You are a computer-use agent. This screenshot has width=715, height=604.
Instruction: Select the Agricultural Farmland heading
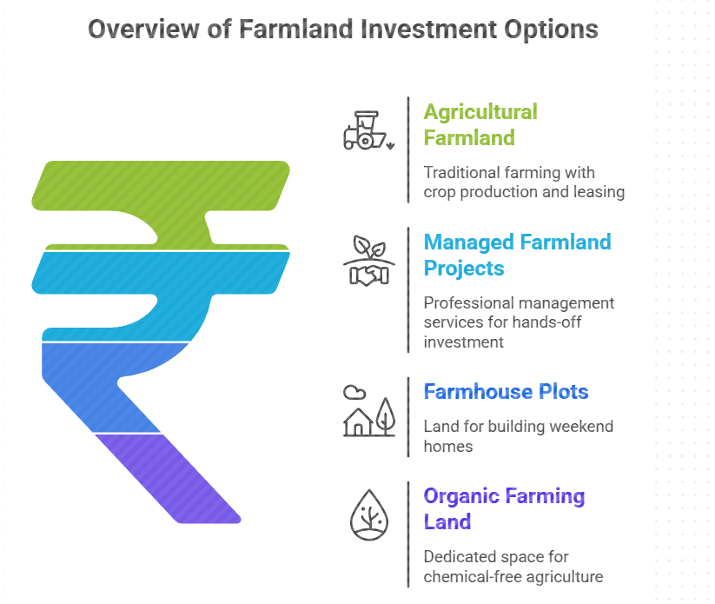tap(480, 124)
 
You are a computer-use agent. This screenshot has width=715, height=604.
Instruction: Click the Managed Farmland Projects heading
tap(517, 254)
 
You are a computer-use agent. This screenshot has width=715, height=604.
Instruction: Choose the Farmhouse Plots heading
tap(506, 391)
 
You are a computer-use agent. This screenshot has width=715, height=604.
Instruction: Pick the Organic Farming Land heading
tap(504, 508)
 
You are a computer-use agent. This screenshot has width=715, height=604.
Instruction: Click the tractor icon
tap(365, 130)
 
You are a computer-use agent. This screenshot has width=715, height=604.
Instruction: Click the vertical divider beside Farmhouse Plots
tap(408, 417)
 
